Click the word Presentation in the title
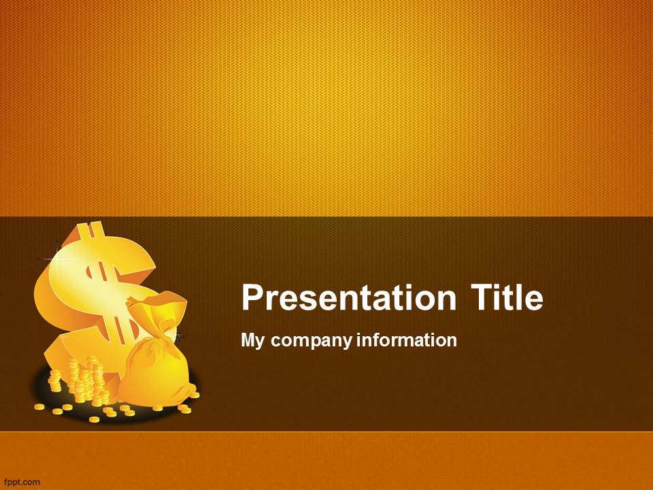click(348, 297)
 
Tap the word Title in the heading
click(507, 297)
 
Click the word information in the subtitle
click(407, 340)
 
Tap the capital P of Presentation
click(252, 297)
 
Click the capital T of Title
click(482, 297)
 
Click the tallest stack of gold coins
click(97, 381)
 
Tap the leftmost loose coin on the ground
click(39, 407)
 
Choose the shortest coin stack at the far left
click(55, 380)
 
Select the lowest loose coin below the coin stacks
click(94, 419)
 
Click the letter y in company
click(346, 343)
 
